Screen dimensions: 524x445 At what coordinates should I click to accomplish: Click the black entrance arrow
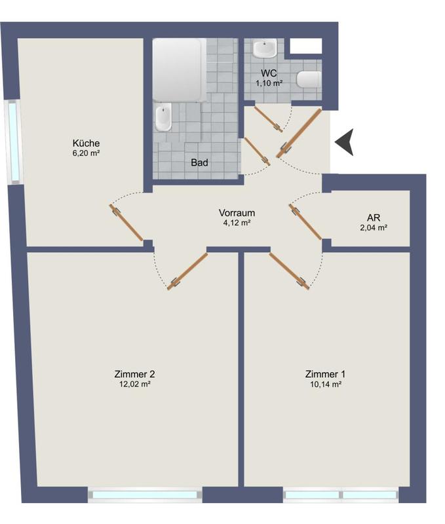[345, 142]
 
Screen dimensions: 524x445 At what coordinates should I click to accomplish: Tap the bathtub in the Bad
[177, 69]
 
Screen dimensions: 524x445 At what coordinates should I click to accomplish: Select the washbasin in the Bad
[164, 118]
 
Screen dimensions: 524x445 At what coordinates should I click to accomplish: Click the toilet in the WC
[309, 80]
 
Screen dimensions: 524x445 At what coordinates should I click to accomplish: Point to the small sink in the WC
[265, 48]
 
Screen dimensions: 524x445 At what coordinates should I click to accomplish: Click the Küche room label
[86, 143]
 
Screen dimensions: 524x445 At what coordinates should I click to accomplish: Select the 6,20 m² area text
[86, 153]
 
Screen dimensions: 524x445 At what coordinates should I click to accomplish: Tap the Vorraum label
[237, 213]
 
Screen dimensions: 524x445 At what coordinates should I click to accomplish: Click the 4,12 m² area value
[237, 223]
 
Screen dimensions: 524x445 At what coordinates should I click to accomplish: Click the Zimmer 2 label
[134, 374]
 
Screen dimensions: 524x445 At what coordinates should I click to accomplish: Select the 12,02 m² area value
[134, 384]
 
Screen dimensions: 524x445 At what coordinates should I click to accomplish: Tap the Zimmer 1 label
[325, 374]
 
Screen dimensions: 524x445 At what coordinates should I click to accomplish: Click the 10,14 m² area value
[325, 384]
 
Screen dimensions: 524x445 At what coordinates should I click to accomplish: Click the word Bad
[199, 162]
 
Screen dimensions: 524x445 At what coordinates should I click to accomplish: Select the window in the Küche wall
[13, 141]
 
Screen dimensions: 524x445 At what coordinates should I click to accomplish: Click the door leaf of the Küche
[126, 223]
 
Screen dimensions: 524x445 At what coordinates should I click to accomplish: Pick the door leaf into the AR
[305, 223]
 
